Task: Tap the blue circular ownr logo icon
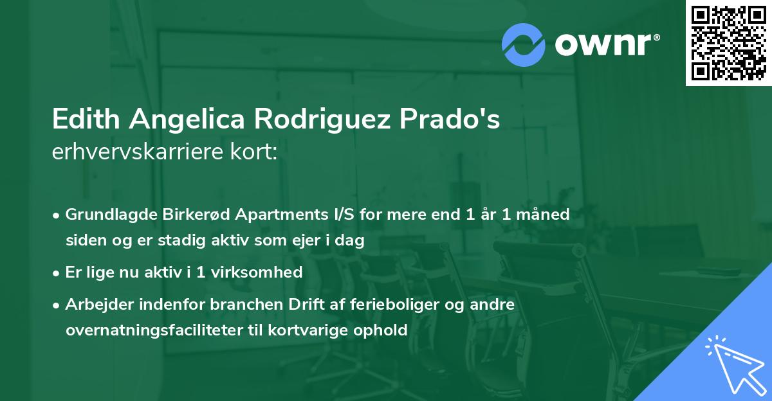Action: [524, 44]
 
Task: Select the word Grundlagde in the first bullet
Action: [104, 215]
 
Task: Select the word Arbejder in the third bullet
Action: [95, 305]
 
